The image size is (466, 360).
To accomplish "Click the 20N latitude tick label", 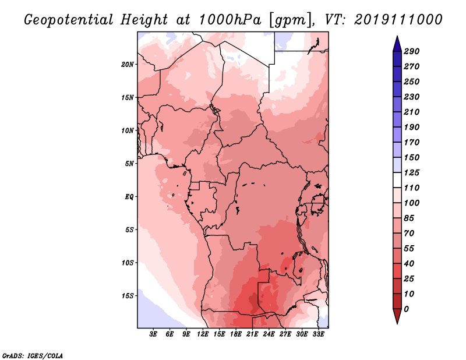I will click(x=128, y=64).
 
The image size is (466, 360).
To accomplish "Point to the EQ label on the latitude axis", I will click(x=129, y=197).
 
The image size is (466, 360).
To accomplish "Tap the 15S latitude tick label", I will click(x=128, y=296).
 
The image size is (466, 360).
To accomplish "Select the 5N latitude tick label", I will click(x=129, y=164).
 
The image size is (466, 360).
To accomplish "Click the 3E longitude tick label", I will click(x=154, y=335).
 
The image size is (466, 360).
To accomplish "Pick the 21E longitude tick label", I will click(x=252, y=335).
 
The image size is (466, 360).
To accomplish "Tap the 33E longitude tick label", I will click(x=318, y=335).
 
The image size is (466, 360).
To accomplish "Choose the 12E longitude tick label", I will click(x=203, y=335).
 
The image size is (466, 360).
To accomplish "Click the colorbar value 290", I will click(x=412, y=51).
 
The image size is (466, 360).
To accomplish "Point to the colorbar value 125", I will click(x=412, y=172).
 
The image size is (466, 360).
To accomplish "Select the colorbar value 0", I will click(x=406, y=309).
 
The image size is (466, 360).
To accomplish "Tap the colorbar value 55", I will click(x=409, y=248).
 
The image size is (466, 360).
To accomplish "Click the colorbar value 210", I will click(x=412, y=112).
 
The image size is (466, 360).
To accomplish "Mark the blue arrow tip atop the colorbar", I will click(x=396, y=38).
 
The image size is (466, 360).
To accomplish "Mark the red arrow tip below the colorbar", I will click(x=396, y=322).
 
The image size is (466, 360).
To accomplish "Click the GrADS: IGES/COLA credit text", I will click(x=32, y=355).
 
